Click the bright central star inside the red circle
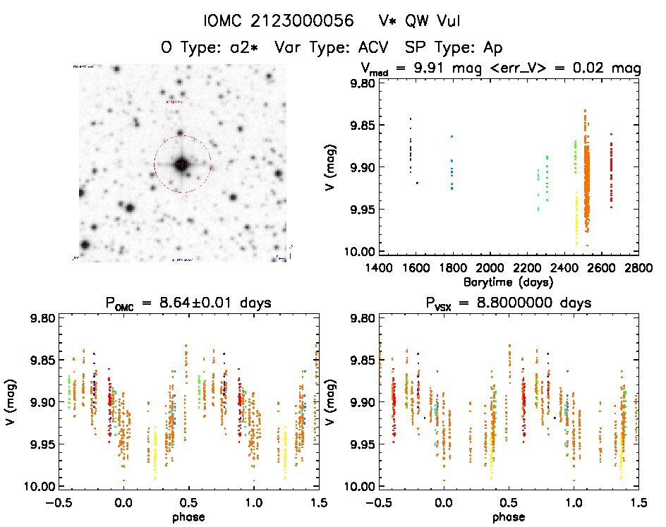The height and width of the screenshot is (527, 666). coord(182,164)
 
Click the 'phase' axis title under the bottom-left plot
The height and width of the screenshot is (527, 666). coord(188,516)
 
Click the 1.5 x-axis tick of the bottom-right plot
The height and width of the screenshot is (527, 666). coord(638,502)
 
